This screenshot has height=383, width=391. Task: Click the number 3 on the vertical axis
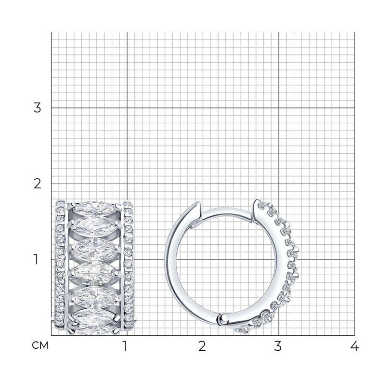pyautogui.click(x=37, y=108)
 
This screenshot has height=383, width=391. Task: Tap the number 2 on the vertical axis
pyautogui.click(x=37, y=184)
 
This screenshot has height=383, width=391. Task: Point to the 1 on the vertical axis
pyautogui.click(x=36, y=260)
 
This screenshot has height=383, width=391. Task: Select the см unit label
pyautogui.click(x=40, y=345)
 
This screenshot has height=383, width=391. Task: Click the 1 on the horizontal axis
pyautogui.click(x=125, y=346)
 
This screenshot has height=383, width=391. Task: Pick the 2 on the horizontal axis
pyautogui.click(x=202, y=346)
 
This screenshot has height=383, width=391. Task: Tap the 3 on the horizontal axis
pyautogui.click(x=278, y=346)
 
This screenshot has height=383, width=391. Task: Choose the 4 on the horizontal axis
pyautogui.click(x=354, y=346)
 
